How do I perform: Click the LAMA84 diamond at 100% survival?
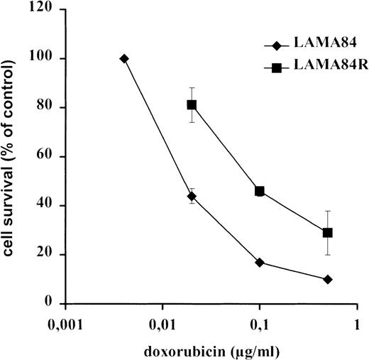click(124, 58)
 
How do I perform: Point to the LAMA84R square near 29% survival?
click(327, 232)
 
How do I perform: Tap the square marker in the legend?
click(272, 67)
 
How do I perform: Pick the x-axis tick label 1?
click(357, 321)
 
